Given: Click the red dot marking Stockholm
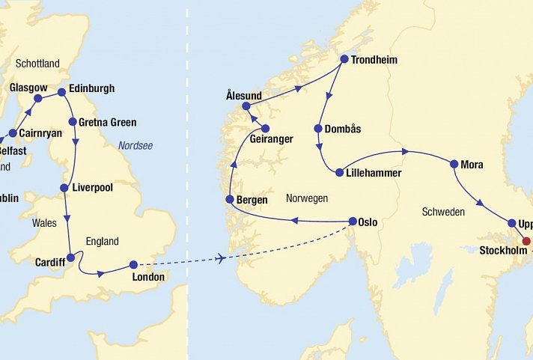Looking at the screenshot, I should coord(526,241).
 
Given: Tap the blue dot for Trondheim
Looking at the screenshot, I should coord(344,59).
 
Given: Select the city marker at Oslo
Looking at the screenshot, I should coord(353,222).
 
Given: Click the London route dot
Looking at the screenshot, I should coord(133,264).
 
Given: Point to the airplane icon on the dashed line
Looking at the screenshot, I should coord(220,258).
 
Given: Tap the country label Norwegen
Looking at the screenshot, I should coord(307,198).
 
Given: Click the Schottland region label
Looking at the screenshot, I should coord(37,64).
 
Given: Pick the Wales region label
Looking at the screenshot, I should coord(44,223).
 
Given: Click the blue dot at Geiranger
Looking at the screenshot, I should coord(265,129).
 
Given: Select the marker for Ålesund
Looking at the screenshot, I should coord(246,106).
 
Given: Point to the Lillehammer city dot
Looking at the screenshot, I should coord(340,173).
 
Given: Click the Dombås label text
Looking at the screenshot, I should coord(343,129).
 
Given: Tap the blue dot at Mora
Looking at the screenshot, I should coord(454,164).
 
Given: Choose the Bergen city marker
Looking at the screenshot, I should coord(231,200).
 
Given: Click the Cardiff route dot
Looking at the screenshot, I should coord(70,257).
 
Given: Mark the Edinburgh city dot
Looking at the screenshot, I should coord(61,92).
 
